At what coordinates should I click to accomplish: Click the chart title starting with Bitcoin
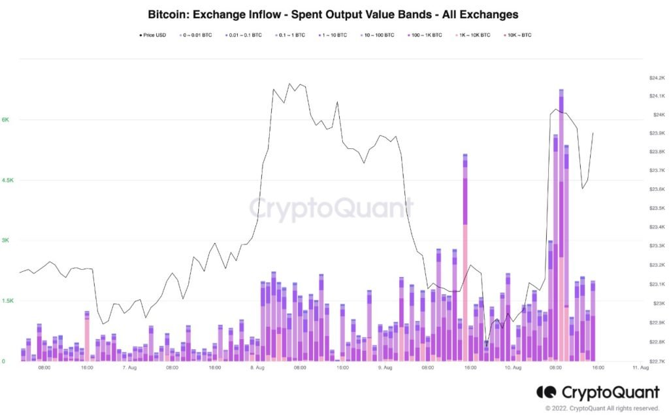334,14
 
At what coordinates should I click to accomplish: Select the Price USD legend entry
154,35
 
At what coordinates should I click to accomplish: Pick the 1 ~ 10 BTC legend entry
333,35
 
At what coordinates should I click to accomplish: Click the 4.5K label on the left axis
7,180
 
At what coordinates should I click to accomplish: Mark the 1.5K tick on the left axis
7,301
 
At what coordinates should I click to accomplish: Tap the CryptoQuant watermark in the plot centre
331,209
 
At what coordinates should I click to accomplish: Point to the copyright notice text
598,408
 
